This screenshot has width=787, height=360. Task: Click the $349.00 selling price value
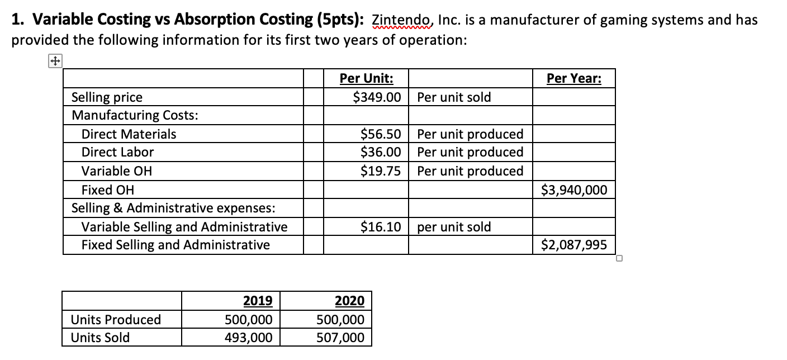click(x=377, y=97)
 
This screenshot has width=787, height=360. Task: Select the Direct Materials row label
click(x=129, y=134)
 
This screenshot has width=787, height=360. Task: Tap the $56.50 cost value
click(x=381, y=134)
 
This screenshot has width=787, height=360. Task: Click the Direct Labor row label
click(x=117, y=152)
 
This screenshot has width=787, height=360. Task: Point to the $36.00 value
click(x=381, y=152)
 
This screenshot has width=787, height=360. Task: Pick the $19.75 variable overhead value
click(x=381, y=170)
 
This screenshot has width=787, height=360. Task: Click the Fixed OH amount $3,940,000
click(x=574, y=190)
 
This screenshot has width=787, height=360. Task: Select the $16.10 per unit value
click(x=381, y=227)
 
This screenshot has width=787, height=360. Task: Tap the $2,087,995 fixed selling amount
click(x=574, y=245)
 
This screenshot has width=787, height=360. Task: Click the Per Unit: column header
click(x=366, y=79)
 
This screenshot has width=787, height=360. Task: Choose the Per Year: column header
click(x=574, y=79)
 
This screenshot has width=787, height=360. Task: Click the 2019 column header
click(x=258, y=301)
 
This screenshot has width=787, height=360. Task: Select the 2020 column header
click(x=349, y=301)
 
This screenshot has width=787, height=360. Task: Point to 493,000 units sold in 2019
click(x=249, y=338)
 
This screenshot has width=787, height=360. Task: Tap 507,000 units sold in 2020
click(x=340, y=338)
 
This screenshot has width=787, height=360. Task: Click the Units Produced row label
click(x=116, y=320)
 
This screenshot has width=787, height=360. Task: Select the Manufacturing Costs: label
click(x=135, y=116)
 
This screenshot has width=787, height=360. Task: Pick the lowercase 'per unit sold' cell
click(x=454, y=227)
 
